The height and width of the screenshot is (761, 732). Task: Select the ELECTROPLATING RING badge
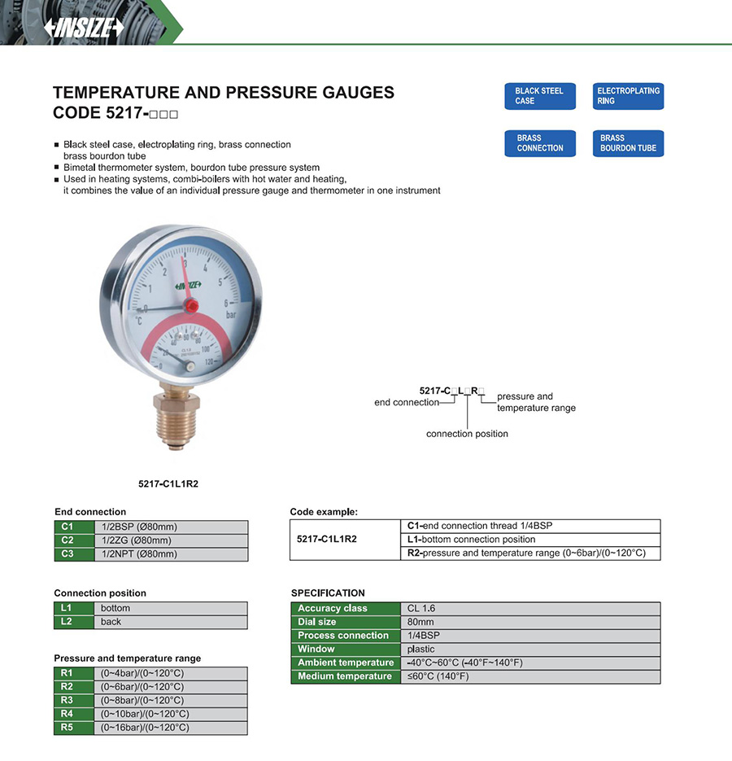[629, 96]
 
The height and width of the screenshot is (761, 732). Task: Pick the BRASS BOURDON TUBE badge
[629, 143]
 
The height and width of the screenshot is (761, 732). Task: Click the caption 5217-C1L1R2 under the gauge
[168, 483]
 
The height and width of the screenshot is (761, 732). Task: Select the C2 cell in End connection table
[68, 540]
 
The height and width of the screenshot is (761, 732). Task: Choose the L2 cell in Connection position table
[68, 622]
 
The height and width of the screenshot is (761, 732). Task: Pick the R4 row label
[68, 714]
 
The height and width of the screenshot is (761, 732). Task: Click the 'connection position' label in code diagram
[467, 434]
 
